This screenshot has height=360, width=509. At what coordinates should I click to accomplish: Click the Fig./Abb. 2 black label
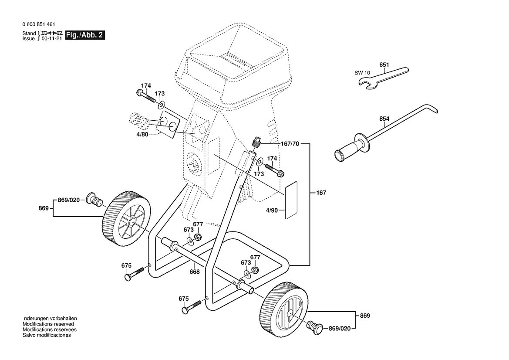pos(85,35)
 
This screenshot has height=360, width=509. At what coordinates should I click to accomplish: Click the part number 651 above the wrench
pos(384,65)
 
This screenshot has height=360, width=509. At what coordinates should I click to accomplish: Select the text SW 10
pos(362,73)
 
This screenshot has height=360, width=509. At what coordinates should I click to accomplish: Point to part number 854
pos(384,119)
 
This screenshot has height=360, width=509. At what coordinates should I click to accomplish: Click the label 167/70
pos(290,144)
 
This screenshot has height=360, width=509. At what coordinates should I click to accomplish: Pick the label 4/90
pos(272,210)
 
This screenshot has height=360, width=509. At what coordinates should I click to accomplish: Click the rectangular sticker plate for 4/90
pos(291,200)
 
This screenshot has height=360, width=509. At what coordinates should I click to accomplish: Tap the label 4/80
pos(142,134)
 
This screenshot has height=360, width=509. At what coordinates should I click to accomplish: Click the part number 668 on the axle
pos(195,272)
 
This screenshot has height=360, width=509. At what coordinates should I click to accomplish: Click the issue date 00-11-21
pos(51,38)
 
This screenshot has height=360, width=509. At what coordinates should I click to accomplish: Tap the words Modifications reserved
pos(48,324)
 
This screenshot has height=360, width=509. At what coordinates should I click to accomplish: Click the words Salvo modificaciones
pos(47,335)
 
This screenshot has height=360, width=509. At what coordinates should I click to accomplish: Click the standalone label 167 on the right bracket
pos(321,193)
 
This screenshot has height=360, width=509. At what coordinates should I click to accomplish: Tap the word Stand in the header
pos(29,33)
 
